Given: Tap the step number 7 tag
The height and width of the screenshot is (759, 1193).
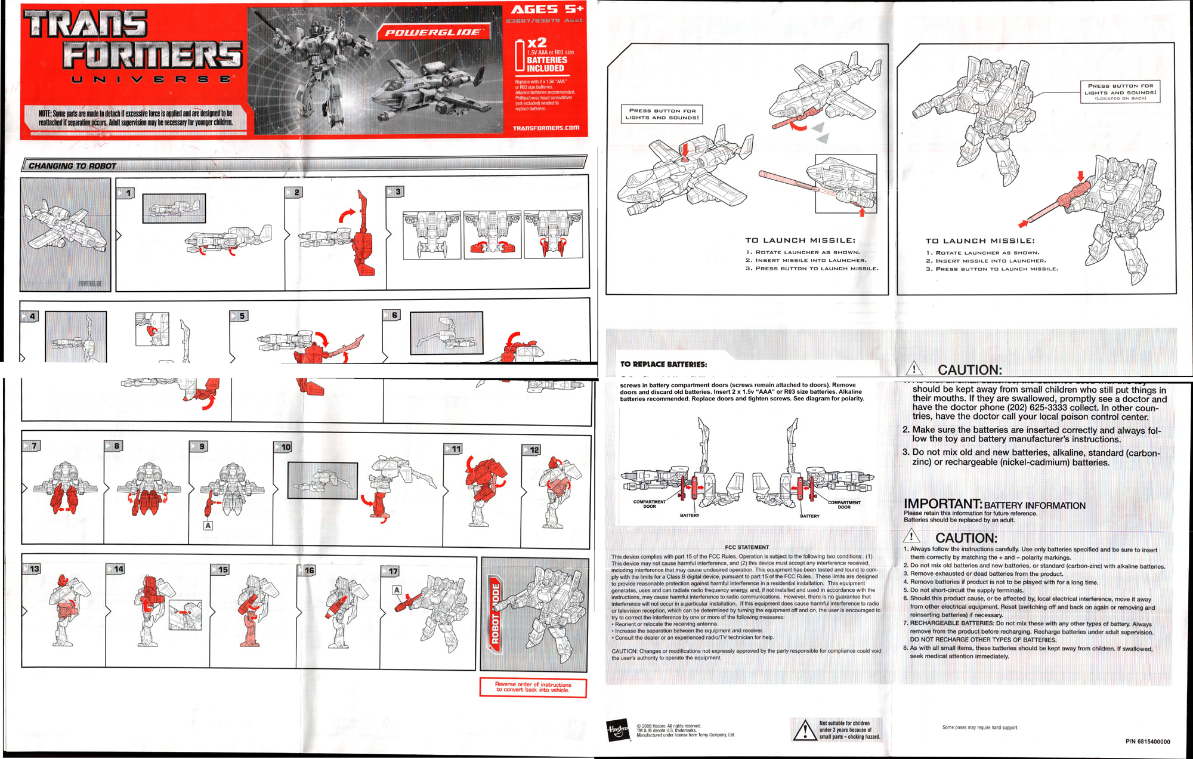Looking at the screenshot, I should pos(32,446).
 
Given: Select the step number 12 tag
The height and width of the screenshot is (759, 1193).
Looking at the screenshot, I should pos(532,450).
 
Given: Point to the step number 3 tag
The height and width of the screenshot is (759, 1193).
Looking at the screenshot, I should pos(396,192).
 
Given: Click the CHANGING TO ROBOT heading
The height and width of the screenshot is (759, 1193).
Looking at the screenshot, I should pos(72,166).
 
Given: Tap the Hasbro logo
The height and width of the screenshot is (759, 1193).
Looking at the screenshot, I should pos(618,729).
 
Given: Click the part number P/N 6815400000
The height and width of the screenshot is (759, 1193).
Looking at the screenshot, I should pos(1147,742).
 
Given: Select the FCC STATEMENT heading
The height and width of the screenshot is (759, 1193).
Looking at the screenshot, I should pos(747,547).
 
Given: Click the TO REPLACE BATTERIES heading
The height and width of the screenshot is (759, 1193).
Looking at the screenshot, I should pos(663,364).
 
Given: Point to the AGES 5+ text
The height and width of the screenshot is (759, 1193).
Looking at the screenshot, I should pos(546,9).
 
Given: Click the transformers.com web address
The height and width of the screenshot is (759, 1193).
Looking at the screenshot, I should pos(546,128).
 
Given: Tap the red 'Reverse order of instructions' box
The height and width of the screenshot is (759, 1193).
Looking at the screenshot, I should pos(533,687).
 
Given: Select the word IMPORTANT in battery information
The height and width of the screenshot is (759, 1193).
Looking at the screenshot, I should pos(942,504).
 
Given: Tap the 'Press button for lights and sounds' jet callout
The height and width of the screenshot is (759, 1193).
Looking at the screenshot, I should pos(662,114).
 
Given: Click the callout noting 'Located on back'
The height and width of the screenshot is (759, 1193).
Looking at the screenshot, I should pos(1120,92).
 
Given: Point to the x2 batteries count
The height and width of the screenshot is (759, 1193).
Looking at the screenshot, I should pos(536,42).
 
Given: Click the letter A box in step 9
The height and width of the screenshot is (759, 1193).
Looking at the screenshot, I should pos(208,526).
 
